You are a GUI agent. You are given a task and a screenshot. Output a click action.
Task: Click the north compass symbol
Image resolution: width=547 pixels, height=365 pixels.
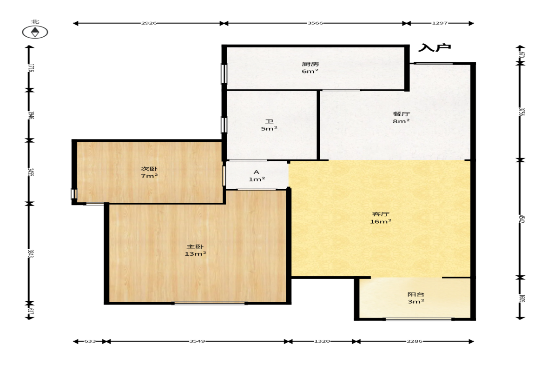35,32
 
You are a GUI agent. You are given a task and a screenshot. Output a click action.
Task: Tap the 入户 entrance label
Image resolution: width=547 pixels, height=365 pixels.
435,47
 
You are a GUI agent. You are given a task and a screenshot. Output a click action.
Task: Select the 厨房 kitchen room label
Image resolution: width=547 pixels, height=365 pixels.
310,64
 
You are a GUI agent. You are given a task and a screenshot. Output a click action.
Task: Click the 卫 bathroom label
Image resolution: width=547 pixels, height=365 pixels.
269,121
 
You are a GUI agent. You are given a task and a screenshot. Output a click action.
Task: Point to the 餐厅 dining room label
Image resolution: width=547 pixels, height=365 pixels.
401,114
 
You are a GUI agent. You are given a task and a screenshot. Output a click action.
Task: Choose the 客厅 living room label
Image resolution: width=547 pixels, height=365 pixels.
381,214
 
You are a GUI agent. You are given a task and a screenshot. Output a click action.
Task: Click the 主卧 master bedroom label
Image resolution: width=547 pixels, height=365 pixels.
195,247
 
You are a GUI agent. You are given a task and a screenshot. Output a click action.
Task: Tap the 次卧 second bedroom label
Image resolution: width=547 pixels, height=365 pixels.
149,169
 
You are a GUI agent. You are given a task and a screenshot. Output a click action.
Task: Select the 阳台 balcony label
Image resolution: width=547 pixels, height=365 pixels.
416,294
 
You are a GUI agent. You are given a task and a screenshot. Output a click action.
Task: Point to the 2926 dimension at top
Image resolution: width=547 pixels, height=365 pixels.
149,23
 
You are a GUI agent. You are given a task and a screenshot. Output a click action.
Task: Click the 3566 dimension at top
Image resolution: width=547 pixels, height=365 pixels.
315,23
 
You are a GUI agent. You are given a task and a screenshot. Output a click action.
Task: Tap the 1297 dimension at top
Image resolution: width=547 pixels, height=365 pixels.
440,23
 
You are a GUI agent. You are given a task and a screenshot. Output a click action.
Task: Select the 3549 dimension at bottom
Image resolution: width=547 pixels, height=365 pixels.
197,341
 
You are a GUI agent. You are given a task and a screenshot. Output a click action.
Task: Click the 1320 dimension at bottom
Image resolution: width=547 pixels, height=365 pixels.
322,341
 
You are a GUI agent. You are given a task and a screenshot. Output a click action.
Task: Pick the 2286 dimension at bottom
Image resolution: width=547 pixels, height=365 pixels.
415,341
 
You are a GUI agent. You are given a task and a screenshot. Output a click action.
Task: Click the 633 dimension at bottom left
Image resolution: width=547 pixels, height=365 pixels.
90,341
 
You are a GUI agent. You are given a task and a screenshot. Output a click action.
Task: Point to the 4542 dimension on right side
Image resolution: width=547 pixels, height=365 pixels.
521,219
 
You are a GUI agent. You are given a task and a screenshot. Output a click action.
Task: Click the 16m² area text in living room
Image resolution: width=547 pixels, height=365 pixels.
381,222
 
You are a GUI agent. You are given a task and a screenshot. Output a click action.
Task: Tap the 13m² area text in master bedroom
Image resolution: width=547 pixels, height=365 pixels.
195,254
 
